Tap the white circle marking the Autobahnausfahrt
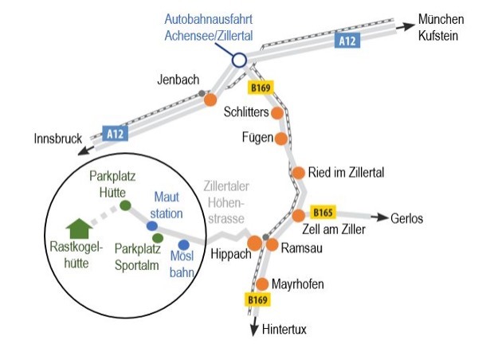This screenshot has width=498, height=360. point(238,59)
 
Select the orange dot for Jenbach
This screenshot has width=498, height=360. point(210,100)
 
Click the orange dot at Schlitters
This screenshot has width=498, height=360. point(276,113)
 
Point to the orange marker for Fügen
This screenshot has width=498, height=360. point(280,139)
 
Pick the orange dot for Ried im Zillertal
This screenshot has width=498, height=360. point(299,172)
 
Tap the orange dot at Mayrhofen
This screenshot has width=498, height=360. point(262,284)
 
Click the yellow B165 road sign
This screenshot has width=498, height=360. point(323,213)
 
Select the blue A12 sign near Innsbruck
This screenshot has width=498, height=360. point(115,134)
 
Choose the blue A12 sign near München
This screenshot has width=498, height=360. point(346,41)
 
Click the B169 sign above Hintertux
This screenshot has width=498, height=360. point(255,299)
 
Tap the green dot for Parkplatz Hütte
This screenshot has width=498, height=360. point(125,205)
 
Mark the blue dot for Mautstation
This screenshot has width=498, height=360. point(151,226)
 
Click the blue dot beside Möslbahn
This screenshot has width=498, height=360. point(184,245)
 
